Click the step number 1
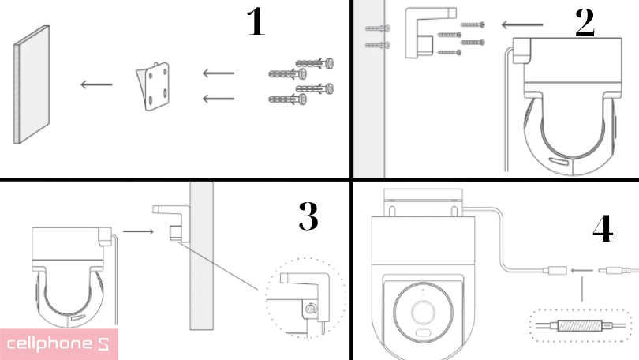tap(256, 21)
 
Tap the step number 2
tap(585, 23)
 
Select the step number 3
tap(308, 216)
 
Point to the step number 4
tap(603, 229)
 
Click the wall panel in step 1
tap(32, 84)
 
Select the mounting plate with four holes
tap(153, 86)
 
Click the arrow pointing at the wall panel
tap(96, 84)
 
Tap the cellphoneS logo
tap(59, 344)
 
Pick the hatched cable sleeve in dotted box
tap(580, 326)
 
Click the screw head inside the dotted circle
tap(312, 309)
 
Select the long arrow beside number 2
tap(522, 25)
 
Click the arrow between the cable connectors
tap(581, 270)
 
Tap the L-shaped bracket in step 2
tap(431, 32)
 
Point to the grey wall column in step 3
tap(201, 256)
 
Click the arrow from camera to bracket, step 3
tap(138, 231)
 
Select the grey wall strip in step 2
tap(369, 89)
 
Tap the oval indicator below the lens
tap(424, 332)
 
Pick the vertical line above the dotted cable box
tap(581, 289)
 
